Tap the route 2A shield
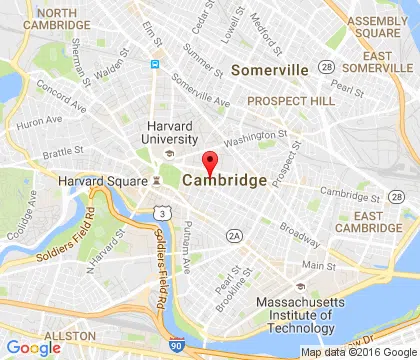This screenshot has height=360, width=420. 234,235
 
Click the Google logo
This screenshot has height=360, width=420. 32,347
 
